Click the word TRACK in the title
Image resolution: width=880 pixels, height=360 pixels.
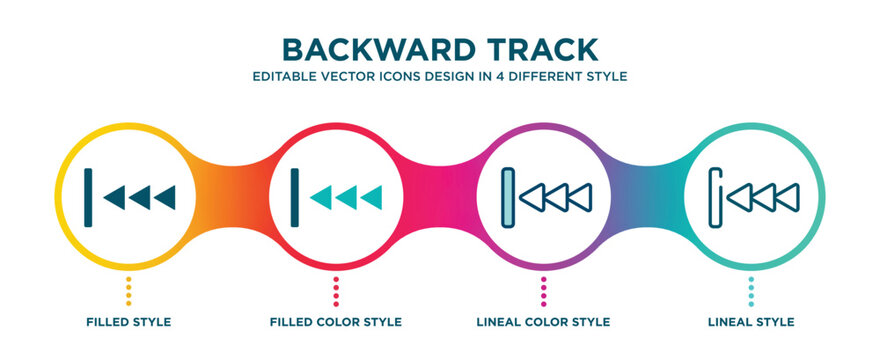[x=547, y=49]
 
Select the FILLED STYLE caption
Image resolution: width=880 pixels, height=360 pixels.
[x=128, y=322]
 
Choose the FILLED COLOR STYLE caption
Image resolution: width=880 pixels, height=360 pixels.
[x=336, y=322]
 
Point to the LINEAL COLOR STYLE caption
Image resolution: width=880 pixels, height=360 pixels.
[x=544, y=322]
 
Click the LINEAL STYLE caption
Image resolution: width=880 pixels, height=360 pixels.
[x=752, y=322]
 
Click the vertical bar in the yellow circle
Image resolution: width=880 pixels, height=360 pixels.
[x=88, y=193]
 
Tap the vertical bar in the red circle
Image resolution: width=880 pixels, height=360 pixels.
[x=295, y=193]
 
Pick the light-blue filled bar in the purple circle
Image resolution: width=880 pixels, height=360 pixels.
[x=511, y=193]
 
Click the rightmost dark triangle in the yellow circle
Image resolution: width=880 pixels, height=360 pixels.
[x=163, y=195]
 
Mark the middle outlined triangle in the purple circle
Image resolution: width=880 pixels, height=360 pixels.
[x=558, y=195]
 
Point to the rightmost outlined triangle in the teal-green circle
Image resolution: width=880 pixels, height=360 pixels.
[x=787, y=195]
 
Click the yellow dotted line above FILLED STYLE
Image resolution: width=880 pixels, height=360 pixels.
[x=128, y=292]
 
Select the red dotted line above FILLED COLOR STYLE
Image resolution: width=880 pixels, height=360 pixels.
[x=336, y=292]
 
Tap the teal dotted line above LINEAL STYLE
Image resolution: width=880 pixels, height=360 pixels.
[x=752, y=292]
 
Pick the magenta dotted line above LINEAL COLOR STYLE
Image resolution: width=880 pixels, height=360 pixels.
[x=544, y=292]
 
